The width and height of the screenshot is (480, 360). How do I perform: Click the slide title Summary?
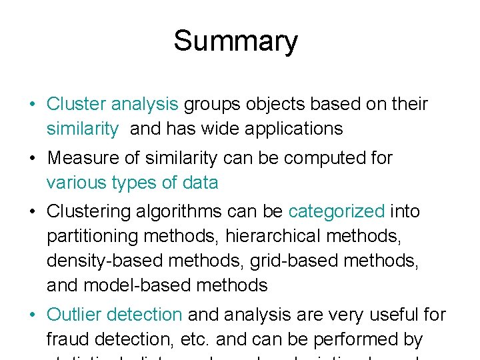pos(235,41)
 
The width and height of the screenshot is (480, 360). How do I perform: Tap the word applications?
pos(293,129)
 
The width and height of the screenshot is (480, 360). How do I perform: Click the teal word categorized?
pos(337,212)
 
